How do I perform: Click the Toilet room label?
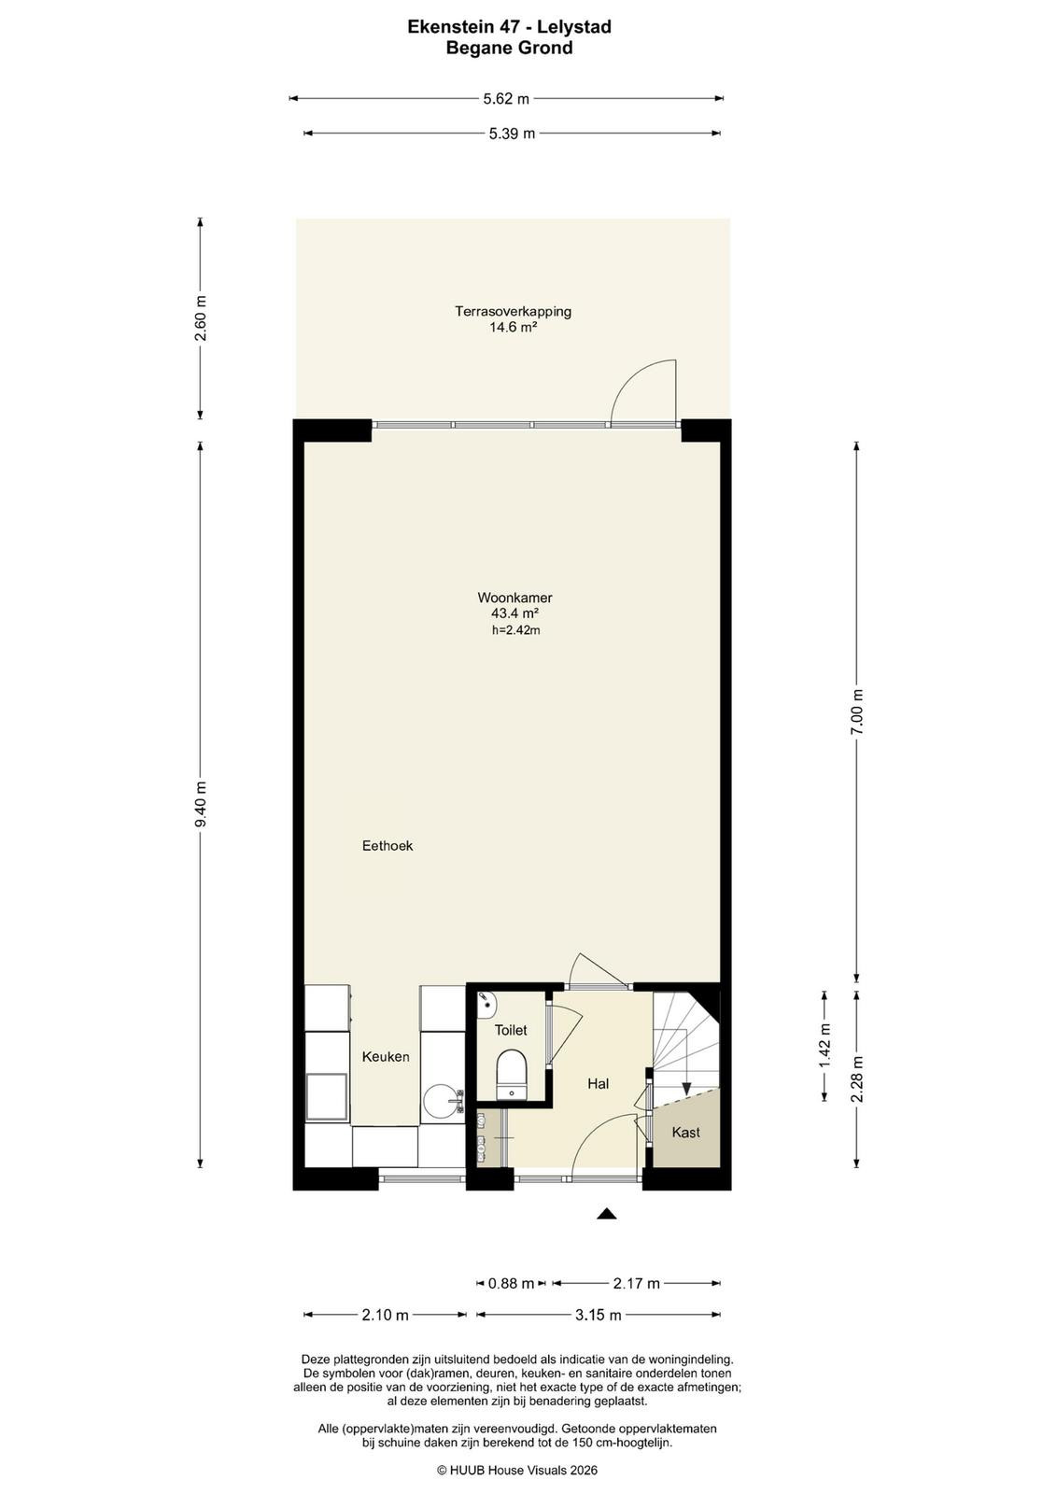click(510, 1030)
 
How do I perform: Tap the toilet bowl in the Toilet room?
click(512, 1074)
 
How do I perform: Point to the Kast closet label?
click(685, 1132)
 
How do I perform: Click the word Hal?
click(598, 1084)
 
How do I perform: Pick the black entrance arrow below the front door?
click(605, 1213)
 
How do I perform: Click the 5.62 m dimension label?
click(505, 99)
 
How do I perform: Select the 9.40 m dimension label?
click(201, 803)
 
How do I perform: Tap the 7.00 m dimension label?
click(857, 712)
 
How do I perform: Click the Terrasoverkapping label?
click(513, 311)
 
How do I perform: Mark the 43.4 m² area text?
click(514, 613)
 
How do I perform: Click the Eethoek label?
click(388, 846)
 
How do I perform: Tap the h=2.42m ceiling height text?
click(515, 630)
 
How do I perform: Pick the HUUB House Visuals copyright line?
click(517, 1470)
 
